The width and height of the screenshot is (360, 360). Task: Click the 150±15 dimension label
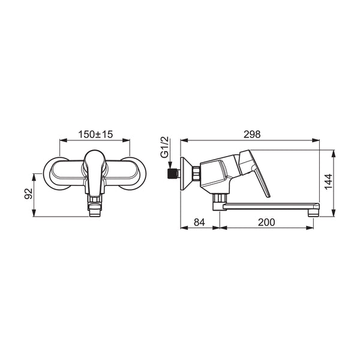tap(95, 134)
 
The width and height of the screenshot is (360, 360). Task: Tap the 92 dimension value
tap(29, 194)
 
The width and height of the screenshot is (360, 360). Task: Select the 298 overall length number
tap(252, 134)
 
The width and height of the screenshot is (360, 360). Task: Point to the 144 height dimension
tap(328, 182)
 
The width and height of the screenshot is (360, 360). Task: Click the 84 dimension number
tap(199, 222)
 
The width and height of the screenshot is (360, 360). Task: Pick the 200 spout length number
tap(266, 222)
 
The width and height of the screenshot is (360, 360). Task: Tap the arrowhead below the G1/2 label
tap(170, 166)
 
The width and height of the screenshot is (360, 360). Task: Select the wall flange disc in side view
tap(185, 173)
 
